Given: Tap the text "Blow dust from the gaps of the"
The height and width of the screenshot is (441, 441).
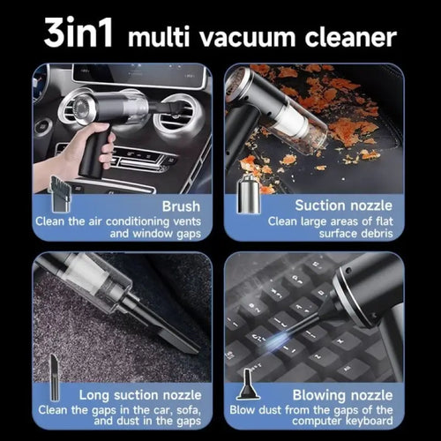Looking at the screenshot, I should (x=325, y=410).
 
